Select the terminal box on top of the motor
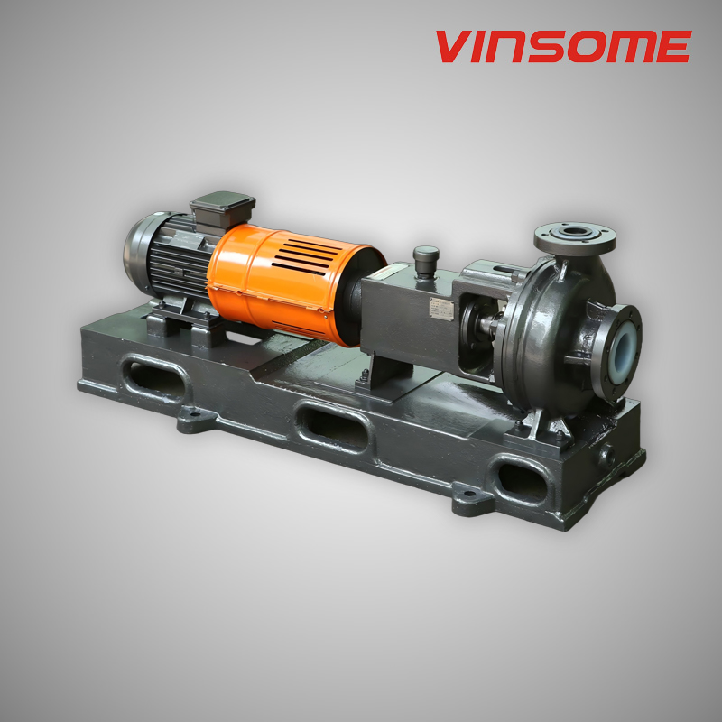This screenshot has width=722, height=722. (222, 209)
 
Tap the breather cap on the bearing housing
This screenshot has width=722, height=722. (425, 256)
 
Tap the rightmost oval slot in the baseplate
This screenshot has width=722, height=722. (523, 479)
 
